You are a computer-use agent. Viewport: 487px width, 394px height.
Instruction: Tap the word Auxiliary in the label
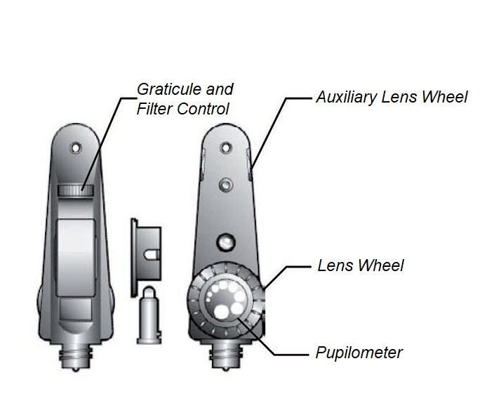point(347,97)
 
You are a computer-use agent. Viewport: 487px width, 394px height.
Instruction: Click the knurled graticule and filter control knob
point(72,190)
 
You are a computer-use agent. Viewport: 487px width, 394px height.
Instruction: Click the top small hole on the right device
point(225,147)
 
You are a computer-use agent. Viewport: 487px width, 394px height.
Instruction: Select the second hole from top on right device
point(225,184)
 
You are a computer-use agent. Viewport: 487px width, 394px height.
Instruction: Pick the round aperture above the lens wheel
point(225,242)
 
